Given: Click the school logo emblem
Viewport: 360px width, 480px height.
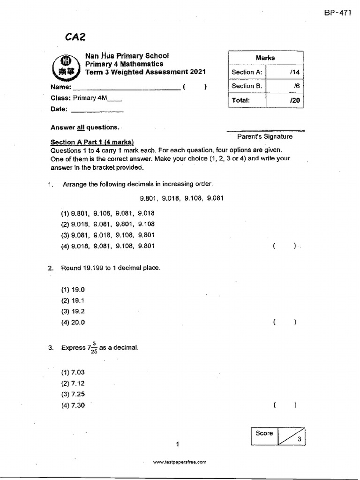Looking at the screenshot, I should pyautogui.click(x=66, y=67).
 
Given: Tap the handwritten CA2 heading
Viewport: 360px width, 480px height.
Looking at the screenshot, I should pyautogui.click(x=76, y=37).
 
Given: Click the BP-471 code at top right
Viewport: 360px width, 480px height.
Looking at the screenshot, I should pyautogui.click(x=337, y=13).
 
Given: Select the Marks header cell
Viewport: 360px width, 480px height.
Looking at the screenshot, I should pyautogui.click(x=265, y=58).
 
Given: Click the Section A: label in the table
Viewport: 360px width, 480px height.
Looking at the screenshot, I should pyautogui.click(x=247, y=72).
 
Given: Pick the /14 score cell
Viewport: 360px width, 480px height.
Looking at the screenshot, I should pyautogui.click(x=285, y=72).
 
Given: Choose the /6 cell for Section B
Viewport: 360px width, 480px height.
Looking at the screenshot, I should pyautogui.click(x=285, y=86).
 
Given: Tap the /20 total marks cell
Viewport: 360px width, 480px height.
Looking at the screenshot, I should pyautogui.click(x=285, y=100).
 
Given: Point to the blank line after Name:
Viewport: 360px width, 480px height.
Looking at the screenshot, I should pyautogui.click(x=126, y=89).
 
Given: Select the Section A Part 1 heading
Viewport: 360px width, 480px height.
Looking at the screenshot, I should pyautogui.click(x=92, y=142).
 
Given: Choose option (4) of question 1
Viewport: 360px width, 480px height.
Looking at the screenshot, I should pyautogui.click(x=108, y=246).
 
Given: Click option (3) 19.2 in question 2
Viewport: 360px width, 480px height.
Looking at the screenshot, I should pyautogui.click(x=73, y=311).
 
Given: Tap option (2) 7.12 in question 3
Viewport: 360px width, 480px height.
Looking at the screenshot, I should pyautogui.click(x=73, y=383).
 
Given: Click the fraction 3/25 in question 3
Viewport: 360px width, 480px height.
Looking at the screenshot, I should pyautogui.click(x=94, y=348).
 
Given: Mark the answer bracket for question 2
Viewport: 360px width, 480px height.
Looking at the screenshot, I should pyautogui.click(x=284, y=322).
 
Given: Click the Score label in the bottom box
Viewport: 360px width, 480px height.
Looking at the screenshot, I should pyautogui.click(x=264, y=433).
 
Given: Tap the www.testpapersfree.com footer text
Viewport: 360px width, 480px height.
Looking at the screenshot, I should pyautogui.click(x=180, y=462).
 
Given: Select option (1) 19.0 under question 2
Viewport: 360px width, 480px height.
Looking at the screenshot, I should pyautogui.click(x=73, y=290).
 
